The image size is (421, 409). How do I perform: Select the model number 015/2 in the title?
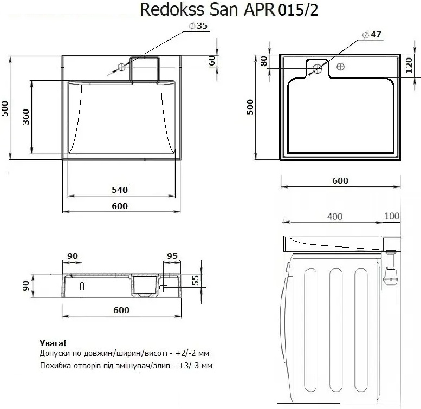coord(297,10)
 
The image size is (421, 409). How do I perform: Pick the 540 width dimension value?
coord(119,190)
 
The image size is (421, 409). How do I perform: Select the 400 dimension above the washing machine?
coord(335,216)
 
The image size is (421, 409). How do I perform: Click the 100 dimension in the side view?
coord(391,216)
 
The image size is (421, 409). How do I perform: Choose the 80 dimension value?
coord(264,61)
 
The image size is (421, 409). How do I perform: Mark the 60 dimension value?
coord(212,61)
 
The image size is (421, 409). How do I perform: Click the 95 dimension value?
coord(173,256)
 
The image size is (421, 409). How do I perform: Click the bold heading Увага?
coord(54,343)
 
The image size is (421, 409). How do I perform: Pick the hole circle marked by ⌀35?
coord(122,67)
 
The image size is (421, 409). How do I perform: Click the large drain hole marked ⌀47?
coord(318,69)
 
